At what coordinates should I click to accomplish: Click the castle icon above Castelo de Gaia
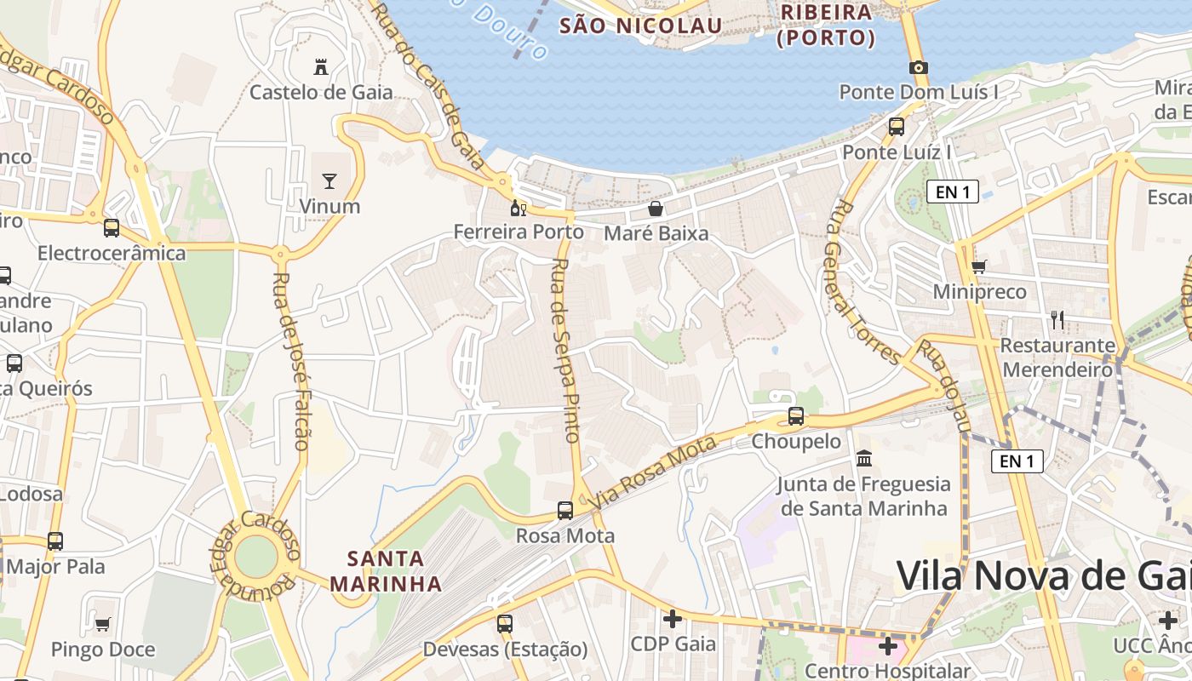(321, 66)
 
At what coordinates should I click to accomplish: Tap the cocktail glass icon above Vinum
(330, 180)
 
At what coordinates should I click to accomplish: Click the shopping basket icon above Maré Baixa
(656, 208)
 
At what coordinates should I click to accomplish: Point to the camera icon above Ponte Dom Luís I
(918, 67)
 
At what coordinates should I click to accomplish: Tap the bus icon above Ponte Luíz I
(897, 127)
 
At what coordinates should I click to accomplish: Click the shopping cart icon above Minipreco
(979, 266)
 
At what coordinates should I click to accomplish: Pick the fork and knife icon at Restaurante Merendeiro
(1057, 320)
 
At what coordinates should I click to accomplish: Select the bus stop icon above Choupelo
(796, 416)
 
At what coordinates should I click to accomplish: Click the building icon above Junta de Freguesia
(864, 459)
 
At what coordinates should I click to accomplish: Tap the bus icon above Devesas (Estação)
(505, 624)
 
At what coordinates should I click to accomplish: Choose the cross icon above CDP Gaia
(673, 619)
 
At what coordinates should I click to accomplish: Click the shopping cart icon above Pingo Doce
(103, 625)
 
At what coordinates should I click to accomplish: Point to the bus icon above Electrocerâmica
(112, 228)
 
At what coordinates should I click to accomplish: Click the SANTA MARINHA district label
(386, 571)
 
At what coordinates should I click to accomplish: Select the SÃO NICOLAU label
(640, 26)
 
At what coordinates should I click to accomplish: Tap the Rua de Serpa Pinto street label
(565, 349)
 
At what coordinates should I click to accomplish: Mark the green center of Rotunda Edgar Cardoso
(255, 557)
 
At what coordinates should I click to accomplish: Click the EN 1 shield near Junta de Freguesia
(1017, 461)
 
